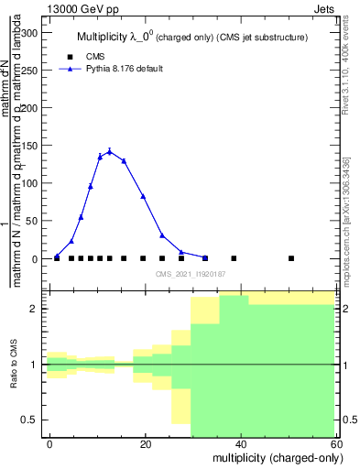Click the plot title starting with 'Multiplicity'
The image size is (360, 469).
tap(191, 37)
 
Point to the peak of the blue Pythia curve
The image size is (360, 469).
tap(109, 151)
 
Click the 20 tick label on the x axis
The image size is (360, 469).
tap(145, 442)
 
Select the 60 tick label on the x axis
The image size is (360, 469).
tap(334, 442)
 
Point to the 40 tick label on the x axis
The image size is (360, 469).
tap(239, 442)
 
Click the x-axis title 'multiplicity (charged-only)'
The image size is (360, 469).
tap(272, 457)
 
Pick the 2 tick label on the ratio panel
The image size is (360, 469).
tap(35, 309)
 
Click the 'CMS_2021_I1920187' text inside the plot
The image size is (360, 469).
tap(190, 274)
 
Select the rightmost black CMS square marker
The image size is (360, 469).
tap(291, 258)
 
